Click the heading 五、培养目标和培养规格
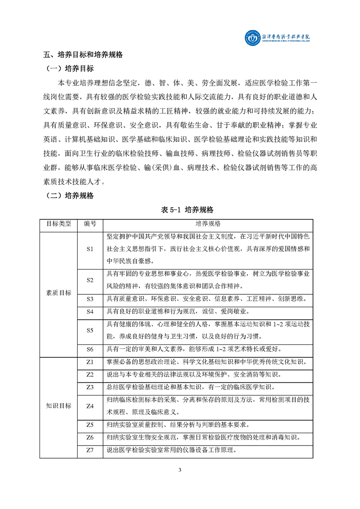click(83, 55)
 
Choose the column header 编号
click(90, 224)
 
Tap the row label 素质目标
click(59, 293)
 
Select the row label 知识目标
click(59, 406)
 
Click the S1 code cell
click(90, 249)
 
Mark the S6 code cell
click(90, 349)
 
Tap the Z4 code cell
click(90, 406)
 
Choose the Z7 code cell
click(90, 450)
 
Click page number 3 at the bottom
click(180, 470)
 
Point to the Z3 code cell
click(90, 387)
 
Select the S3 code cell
click(90, 299)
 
